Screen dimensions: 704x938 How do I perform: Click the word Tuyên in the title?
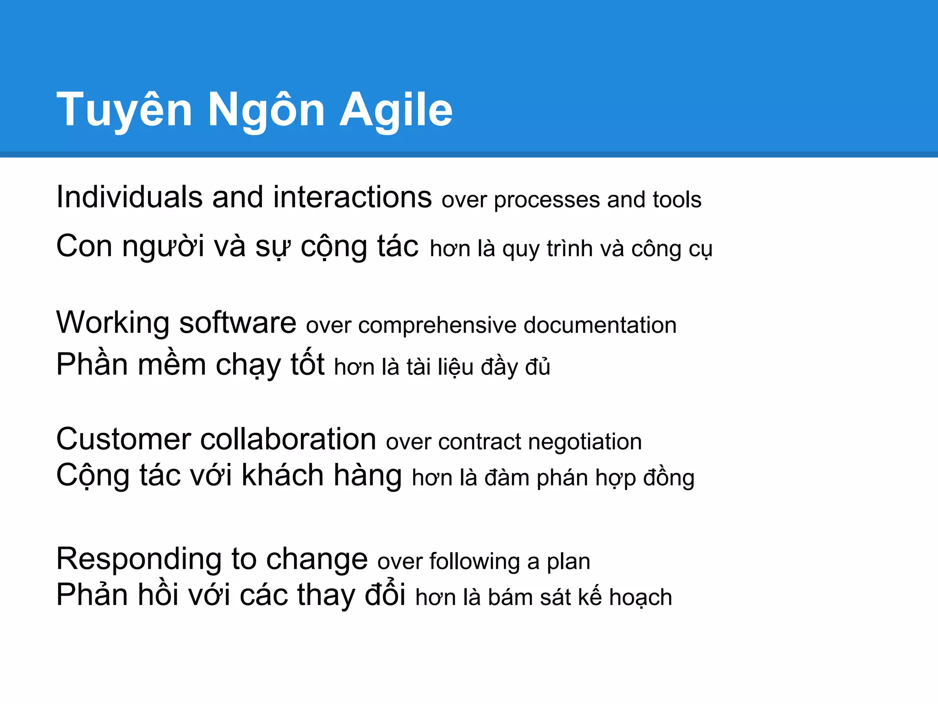coord(124,110)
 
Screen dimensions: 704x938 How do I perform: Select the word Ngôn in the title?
coord(266,110)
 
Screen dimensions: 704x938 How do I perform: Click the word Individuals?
coord(129,197)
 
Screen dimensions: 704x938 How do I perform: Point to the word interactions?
coord(352,197)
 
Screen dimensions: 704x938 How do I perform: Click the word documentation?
coord(600,325)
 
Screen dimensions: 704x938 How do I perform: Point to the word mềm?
coord(172,365)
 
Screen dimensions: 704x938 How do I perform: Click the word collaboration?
coord(288,439)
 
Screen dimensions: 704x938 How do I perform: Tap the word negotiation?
coord(585,442)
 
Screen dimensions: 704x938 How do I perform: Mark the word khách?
coord(283,475)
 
